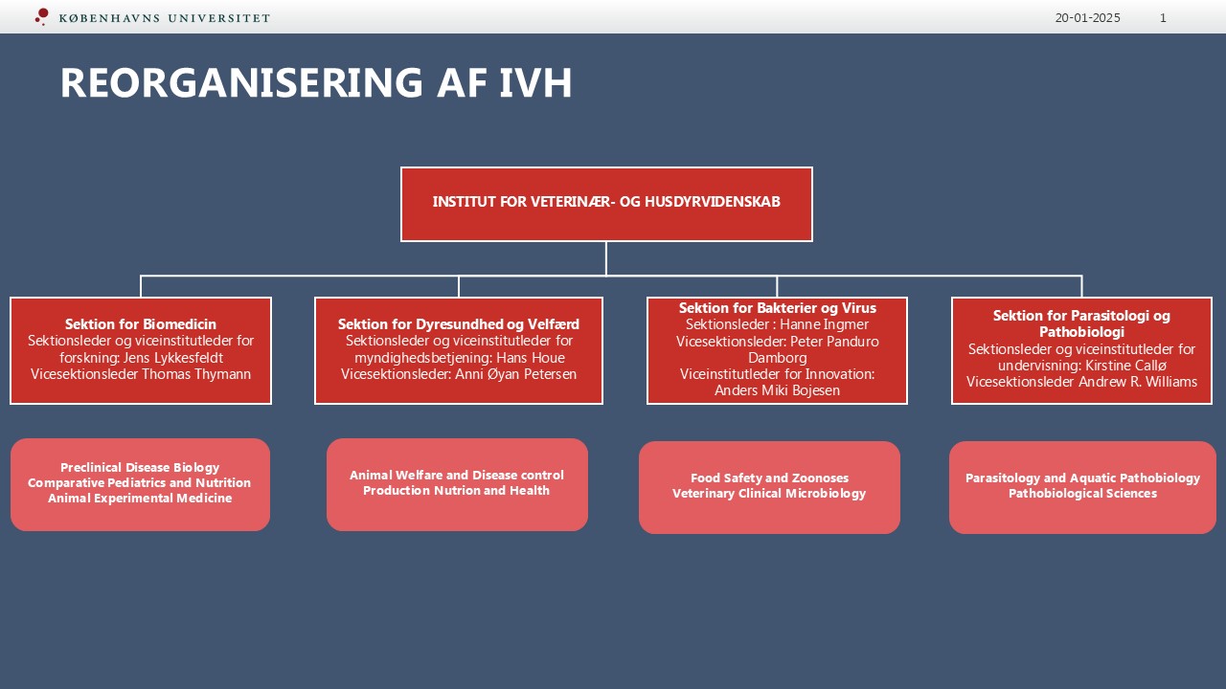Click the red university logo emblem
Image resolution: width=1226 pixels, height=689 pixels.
click(42, 16)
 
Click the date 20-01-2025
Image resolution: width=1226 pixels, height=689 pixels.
click(1087, 18)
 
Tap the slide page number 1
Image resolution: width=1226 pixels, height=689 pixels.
click(1163, 18)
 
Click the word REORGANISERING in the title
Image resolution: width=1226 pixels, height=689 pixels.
click(241, 82)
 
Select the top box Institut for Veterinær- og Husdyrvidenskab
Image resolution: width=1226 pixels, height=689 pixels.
click(606, 204)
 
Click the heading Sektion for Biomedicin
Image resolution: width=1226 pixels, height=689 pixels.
click(141, 324)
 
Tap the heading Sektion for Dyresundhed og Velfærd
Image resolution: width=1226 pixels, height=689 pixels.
click(459, 324)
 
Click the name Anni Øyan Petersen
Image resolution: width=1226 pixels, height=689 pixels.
click(516, 374)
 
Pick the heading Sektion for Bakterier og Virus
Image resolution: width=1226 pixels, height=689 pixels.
click(777, 308)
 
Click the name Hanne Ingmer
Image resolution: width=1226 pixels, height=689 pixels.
click(824, 324)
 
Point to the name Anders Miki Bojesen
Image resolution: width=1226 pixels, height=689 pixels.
click(777, 390)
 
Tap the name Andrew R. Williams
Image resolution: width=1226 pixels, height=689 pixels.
click(1138, 382)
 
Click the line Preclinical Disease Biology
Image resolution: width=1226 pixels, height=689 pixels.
click(140, 468)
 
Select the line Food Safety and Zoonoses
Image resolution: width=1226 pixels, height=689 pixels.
click(769, 478)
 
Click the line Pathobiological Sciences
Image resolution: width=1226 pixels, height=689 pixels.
click(1082, 493)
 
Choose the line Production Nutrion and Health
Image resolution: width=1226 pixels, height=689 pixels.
click(457, 491)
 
